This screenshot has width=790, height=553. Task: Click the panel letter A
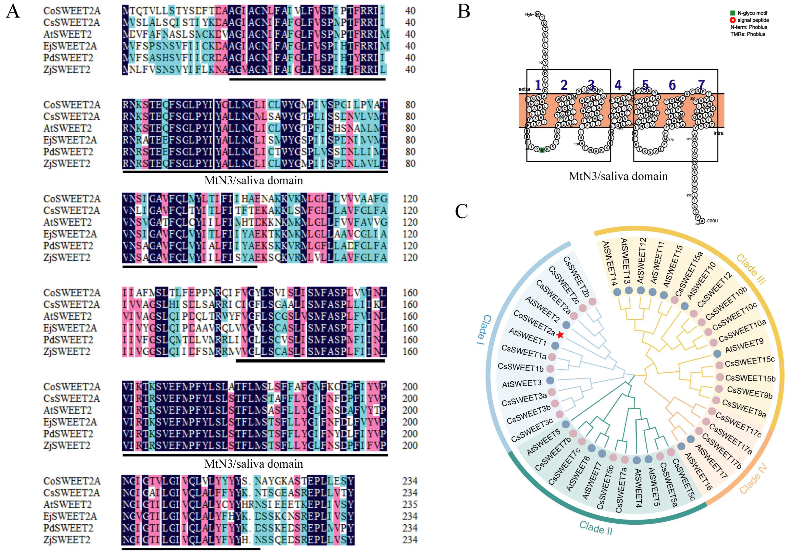pos(13,11)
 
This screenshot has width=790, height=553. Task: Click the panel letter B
pos(463,11)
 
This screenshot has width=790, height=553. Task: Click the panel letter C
pos(461,211)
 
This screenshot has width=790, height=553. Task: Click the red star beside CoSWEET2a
pos(560,335)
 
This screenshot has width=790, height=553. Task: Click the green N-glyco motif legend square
pos(733,13)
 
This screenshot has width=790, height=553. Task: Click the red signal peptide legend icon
pos(733,20)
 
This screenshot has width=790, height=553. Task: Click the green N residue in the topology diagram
pos(542,150)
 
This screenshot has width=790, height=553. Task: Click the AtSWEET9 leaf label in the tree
pos(744,346)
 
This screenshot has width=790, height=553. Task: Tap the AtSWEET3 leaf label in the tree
pos(522,383)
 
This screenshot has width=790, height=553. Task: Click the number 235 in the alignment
pos(410,504)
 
